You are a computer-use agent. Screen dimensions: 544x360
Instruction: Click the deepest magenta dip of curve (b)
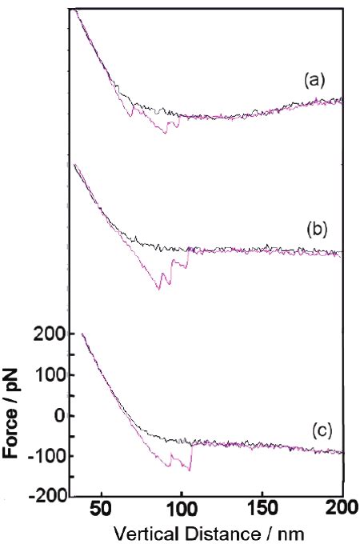(x=158, y=288)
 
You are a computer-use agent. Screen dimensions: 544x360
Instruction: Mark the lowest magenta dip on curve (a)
(x=166, y=132)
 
